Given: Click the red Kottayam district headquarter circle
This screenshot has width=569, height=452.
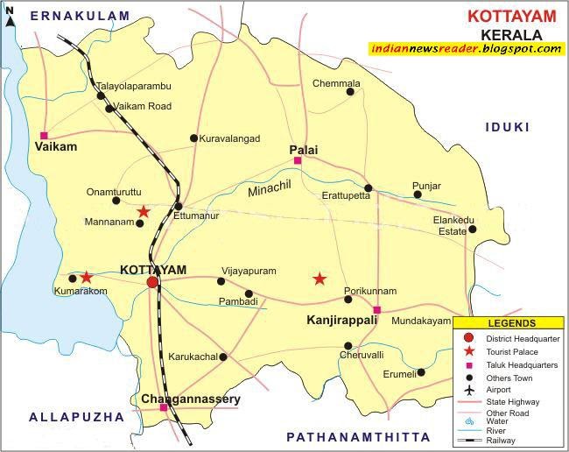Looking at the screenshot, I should coord(152,282).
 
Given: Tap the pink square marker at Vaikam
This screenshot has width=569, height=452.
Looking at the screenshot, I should coord(44,135).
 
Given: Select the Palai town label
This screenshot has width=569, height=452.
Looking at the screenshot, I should coord(303,150).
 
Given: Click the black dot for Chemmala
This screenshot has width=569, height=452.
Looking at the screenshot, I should coord(350,91).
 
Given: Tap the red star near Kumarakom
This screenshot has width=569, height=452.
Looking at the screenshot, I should coord(87,277).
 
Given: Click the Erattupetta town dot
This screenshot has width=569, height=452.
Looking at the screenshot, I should coord(369,187).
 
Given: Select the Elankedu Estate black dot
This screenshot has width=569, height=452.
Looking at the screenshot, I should coord(472,230).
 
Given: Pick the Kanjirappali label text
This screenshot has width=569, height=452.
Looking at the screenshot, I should coord(341,321).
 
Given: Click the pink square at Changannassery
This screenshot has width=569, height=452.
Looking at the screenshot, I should coord(164,407).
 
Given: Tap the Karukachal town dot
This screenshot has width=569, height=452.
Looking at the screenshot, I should coord(223,357).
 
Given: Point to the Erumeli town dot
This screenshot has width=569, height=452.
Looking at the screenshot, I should coord(421,372).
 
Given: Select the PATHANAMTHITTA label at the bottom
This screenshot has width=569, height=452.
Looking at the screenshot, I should coord(359,436).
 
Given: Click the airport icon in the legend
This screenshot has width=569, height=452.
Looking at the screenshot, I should coord(469,389).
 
